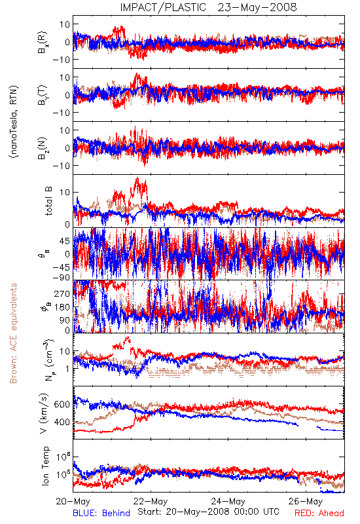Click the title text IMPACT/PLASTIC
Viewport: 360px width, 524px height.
163,7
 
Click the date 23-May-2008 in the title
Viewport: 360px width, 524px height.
257,7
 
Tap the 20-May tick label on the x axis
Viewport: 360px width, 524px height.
73,501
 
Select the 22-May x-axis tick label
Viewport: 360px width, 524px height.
151,501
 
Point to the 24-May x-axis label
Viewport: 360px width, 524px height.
228,501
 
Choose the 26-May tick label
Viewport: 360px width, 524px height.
306,501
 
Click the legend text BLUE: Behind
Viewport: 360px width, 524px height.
101,513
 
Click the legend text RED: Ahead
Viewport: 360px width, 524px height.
319,513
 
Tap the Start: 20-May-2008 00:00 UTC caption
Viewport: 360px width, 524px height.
208,512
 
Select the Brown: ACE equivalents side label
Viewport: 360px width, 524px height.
13,333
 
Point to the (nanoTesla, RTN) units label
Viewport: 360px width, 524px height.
14,122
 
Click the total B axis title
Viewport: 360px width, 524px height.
48,201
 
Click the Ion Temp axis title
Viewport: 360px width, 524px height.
45,466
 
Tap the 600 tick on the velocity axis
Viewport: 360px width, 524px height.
62,404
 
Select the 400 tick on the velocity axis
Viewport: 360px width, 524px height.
62,422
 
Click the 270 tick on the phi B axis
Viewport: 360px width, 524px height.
62,293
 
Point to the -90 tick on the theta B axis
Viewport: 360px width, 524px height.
61,277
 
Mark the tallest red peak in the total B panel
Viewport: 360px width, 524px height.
137,178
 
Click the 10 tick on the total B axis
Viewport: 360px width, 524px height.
65,193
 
